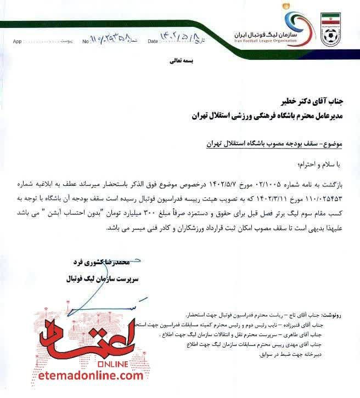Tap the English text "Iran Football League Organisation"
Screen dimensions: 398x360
coord(266,40)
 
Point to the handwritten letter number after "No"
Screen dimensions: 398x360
coord(110,40)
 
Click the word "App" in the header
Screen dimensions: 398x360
coord(17,41)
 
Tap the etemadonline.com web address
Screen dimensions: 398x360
coord(84,375)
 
